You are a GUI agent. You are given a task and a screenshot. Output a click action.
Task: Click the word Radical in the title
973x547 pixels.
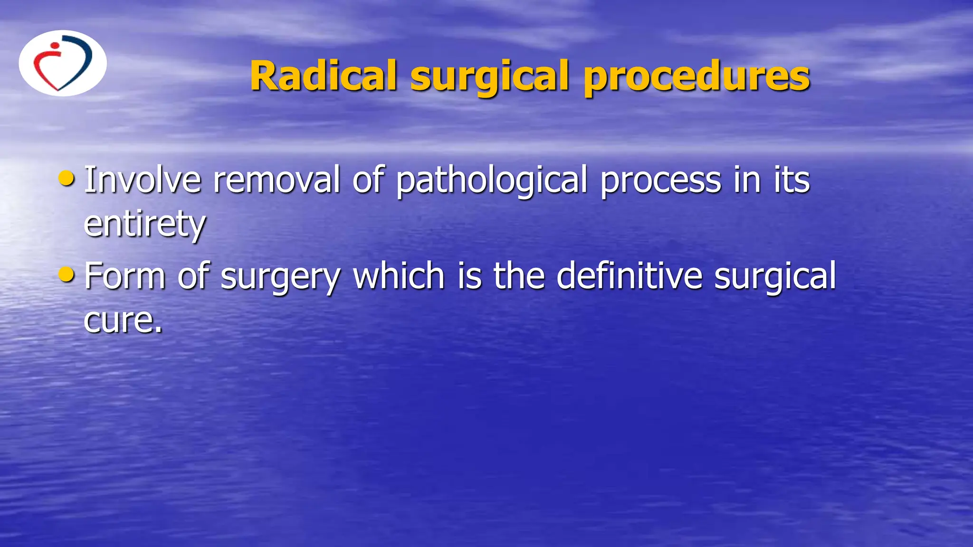click(x=323, y=76)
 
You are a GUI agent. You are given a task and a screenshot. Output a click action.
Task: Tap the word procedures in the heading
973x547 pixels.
click(x=696, y=77)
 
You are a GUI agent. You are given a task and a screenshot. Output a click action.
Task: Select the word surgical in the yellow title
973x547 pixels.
click(x=489, y=77)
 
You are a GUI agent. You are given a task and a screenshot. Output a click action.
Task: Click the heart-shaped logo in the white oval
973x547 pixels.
click(x=63, y=63)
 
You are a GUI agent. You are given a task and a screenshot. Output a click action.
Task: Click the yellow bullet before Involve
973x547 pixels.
click(x=66, y=179)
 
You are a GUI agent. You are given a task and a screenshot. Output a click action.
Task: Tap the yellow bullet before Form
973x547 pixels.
click(x=66, y=274)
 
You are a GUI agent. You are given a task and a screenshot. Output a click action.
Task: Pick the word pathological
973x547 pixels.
click(x=492, y=180)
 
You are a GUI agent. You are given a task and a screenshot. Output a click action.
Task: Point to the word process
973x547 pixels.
click(x=660, y=180)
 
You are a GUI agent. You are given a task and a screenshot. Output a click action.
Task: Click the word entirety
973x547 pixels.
click(x=145, y=224)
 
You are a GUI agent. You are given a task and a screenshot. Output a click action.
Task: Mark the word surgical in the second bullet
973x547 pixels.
click(x=775, y=277)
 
